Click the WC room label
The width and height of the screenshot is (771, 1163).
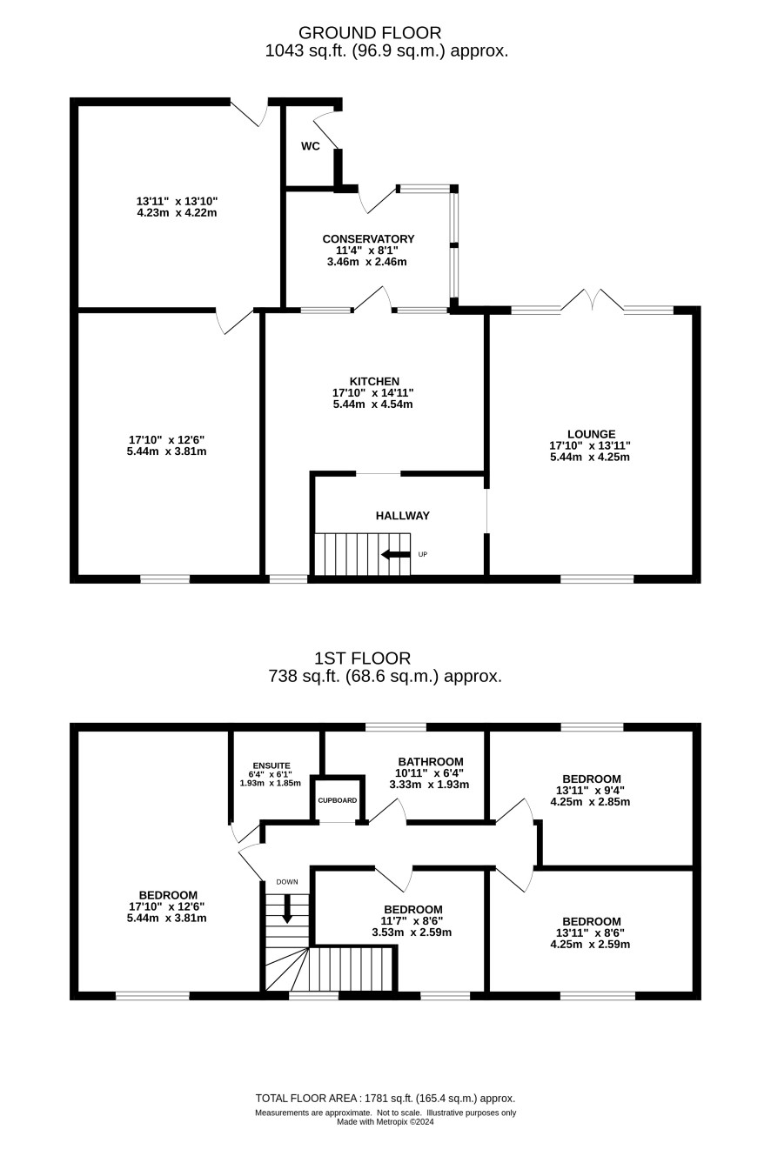tap(310, 146)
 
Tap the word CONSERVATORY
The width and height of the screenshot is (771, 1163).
tap(368, 239)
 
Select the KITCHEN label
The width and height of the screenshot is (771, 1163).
tap(374, 382)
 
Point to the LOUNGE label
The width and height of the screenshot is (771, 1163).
tap(591, 434)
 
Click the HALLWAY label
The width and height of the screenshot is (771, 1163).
tap(403, 516)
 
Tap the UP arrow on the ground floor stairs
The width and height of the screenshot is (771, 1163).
tap(396, 554)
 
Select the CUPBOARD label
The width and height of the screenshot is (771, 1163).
tap(337, 800)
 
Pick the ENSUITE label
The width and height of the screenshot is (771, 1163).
tap(272, 765)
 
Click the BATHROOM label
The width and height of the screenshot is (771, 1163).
tap(431, 762)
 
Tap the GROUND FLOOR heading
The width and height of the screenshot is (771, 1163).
tap(370, 33)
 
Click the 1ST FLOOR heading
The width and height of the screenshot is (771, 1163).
tap(362, 658)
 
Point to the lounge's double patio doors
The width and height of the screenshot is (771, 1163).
tap(593, 301)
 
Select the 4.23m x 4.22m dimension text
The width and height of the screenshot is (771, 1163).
tap(177, 213)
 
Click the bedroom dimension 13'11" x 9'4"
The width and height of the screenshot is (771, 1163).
tap(590, 790)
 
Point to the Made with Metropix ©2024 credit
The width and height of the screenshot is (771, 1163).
tap(385, 1121)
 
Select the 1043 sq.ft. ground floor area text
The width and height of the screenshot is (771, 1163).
tap(386, 50)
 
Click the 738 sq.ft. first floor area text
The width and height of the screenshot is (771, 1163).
tap(385, 676)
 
